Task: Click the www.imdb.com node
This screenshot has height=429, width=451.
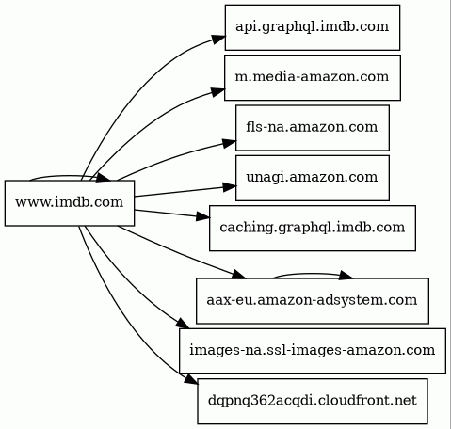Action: click(x=70, y=203)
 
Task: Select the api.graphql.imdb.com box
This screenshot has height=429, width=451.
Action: click(x=313, y=27)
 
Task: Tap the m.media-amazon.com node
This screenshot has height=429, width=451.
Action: click(x=313, y=77)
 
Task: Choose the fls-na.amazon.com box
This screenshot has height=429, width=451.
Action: click(x=313, y=128)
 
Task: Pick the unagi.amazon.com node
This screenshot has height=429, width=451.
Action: click(x=313, y=178)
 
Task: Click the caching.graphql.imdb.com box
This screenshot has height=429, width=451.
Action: click(x=313, y=228)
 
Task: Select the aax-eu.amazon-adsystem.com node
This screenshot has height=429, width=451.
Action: click(x=313, y=300)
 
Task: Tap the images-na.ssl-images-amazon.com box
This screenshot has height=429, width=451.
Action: click(x=313, y=351)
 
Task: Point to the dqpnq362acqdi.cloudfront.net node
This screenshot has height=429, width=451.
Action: click(x=313, y=401)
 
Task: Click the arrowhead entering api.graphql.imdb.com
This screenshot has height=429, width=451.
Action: click(x=217, y=40)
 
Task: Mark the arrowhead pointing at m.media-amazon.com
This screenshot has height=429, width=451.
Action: click(x=217, y=91)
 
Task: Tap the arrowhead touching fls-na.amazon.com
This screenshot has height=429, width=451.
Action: click(x=229, y=143)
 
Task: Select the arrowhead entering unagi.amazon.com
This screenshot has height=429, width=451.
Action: click(x=230, y=187)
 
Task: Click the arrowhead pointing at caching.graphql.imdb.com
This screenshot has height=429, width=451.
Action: click(x=203, y=216)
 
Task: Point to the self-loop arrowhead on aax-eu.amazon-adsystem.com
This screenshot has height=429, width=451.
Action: click(x=346, y=276)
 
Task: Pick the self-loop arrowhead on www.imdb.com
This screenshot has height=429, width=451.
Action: click(x=104, y=178)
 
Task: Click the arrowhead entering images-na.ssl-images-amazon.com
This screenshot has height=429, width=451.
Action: click(x=183, y=324)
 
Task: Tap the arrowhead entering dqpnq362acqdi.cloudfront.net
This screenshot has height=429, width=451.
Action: click(x=191, y=379)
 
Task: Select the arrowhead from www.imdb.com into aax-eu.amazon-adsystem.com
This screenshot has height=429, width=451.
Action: click(x=239, y=274)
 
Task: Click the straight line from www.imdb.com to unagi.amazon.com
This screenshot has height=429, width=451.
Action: click(x=179, y=192)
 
